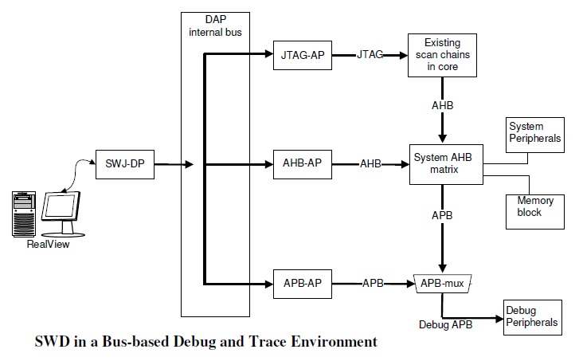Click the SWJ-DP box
coord(125,165)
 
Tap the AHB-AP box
coord(302,164)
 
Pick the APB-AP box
coord(302,282)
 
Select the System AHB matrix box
coord(442,163)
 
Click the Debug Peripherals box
coord(531,317)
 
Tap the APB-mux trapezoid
coord(443,282)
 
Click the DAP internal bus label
coord(215,26)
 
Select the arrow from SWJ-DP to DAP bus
coord(174,165)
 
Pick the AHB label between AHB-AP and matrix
coord(370,164)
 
